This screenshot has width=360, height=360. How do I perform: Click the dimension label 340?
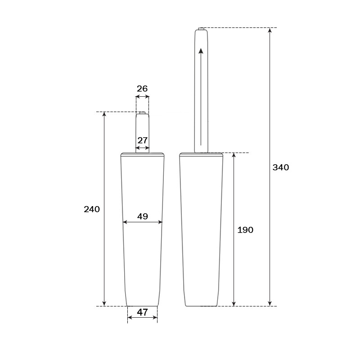tap(281, 167)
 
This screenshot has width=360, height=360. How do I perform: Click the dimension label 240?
tap(92, 209)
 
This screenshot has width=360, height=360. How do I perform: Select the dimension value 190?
tap(245, 230)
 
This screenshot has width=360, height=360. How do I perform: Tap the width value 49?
tap(143, 216)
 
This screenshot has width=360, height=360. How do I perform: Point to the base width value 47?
tap(142, 312)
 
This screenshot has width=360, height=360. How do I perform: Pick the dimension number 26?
tap(142, 89)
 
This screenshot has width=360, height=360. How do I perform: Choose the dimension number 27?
tap(143, 140)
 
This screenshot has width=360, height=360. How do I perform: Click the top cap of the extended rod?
tap(201, 29)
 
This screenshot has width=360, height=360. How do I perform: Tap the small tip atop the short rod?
tap(142, 112)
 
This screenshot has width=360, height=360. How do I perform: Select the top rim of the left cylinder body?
tap(142, 154)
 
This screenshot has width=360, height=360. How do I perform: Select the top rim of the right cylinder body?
tap(201, 154)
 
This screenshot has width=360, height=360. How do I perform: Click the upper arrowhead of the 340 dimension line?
tap(270, 31)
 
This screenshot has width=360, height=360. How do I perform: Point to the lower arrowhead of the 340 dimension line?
tap(270, 303)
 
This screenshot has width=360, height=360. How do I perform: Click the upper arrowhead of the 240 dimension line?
tap(104, 115)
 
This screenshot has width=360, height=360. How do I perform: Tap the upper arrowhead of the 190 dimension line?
tap(234, 156)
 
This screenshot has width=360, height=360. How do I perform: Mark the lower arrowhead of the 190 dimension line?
tap(234, 303)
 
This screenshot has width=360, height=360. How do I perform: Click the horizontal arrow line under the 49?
tap(143, 222)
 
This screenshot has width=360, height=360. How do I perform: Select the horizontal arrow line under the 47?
tap(142, 318)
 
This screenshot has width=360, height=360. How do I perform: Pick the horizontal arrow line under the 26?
tap(142, 96)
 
